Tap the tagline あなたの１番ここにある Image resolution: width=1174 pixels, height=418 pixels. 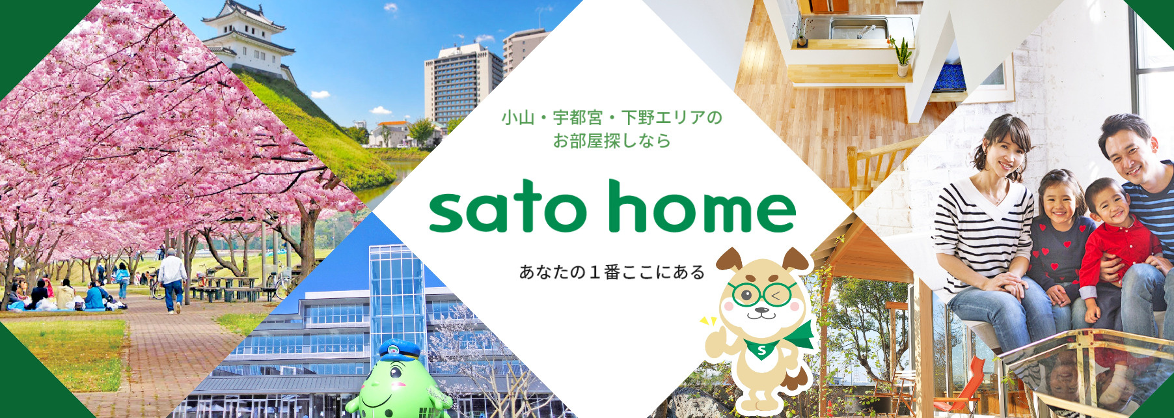point(612,272)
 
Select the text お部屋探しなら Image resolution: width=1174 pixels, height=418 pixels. point(612,141)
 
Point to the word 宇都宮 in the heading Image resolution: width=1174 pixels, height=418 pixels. point(578,118)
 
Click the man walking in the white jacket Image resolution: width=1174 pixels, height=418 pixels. point(172,280)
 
